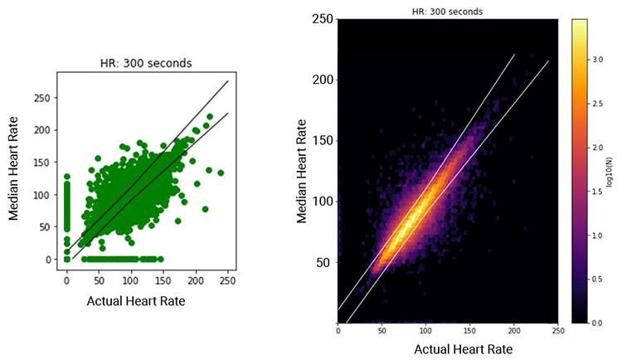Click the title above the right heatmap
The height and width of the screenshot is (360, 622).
tap(447, 12)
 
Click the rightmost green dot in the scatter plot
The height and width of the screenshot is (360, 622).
tap(221, 173)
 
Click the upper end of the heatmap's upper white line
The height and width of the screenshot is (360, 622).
tap(514, 55)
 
